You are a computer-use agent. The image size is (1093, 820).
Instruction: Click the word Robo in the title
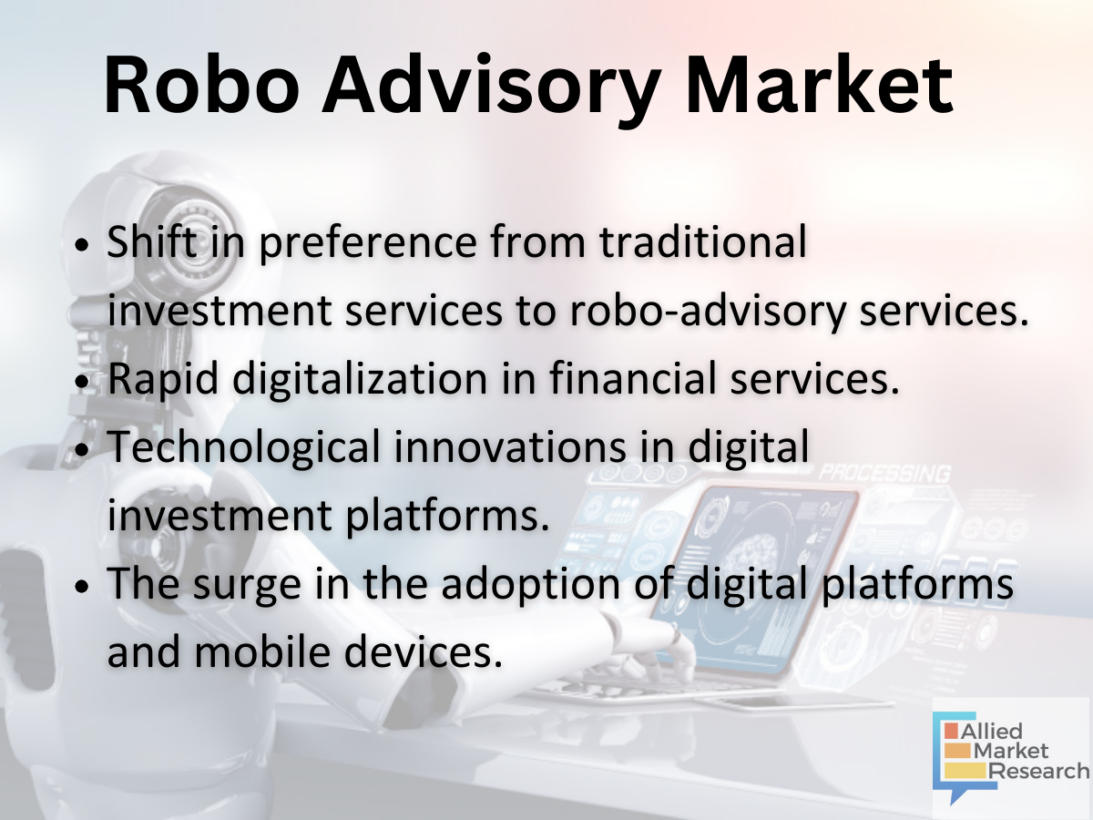coord(202,85)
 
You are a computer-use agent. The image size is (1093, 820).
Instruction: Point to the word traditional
coord(703,242)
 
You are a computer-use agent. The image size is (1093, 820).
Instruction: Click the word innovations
coord(510,447)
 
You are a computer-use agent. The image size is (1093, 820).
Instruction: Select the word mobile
coord(262,652)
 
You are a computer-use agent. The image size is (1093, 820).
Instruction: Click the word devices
coord(424,652)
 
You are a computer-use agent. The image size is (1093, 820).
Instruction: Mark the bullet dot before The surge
coord(82,587)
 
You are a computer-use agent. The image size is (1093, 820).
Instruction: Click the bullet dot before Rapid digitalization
coord(82,382)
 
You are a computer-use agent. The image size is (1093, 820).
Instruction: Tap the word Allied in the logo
coord(991,732)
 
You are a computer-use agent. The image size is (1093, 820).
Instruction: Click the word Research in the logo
coord(1038,771)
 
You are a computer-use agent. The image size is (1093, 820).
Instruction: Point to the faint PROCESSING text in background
coord(884,474)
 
